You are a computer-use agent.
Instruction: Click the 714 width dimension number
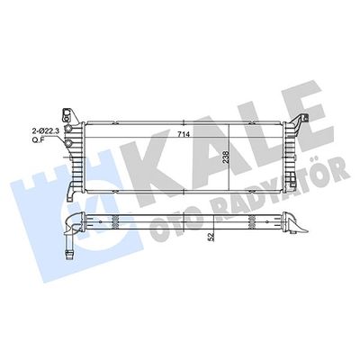[x=184, y=135]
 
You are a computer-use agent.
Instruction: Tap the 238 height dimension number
[x=227, y=157]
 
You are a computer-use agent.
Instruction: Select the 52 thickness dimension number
[x=211, y=237]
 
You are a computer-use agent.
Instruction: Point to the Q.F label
[x=38, y=139]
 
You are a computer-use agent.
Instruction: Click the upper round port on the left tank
[x=68, y=129]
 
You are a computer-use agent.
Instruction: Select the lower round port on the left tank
[x=68, y=143]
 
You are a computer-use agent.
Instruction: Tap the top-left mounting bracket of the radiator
[x=69, y=115]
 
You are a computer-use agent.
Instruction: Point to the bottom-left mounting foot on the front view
[x=71, y=192]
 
